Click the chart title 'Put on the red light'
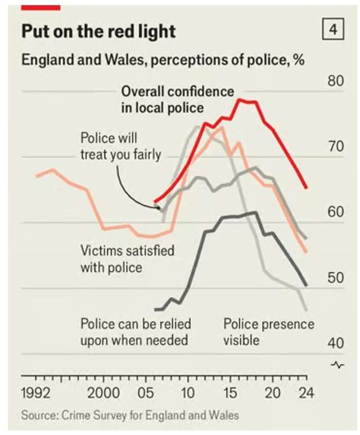pyautogui.click(x=98, y=31)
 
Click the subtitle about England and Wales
pyautogui.click(x=163, y=60)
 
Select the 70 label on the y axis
pyautogui.click(x=335, y=147)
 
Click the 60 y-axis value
pyautogui.click(x=335, y=212)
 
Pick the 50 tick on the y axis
pyautogui.click(x=335, y=277)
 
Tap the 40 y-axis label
pyautogui.click(x=335, y=343)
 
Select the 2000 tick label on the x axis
pyautogui.click(x=103, y=392)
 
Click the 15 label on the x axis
pyautogui.click(x=229, y=392)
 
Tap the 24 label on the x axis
pyautogui.click(x=305, y=392)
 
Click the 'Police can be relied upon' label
pyautogui.click(x=136, y=332)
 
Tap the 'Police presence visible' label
pyautogui.click(x=269, y=332)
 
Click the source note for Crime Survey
pyautogui.click(x=130, y=416)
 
